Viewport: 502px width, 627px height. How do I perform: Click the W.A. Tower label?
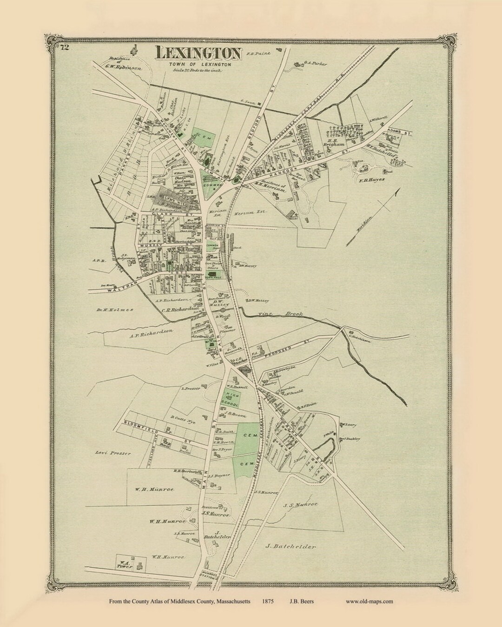[x=125, y=564]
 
